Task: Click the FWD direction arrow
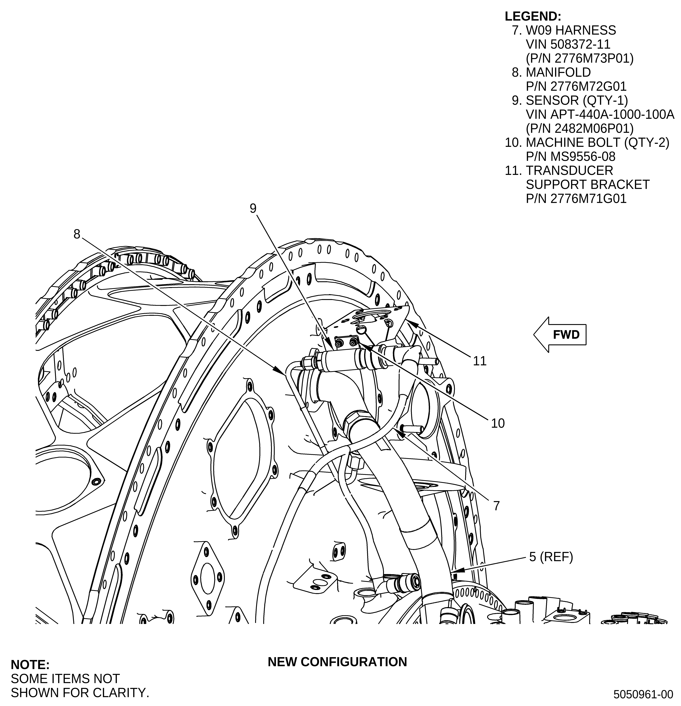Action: coord(560,335)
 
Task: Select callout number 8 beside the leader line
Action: coord(77,234)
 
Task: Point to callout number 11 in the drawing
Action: coord(480,361)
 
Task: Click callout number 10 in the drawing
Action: coord(498,423)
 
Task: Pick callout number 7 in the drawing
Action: coord(496,506)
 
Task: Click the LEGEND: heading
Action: coord(533,16)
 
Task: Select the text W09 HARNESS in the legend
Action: coord(571,30)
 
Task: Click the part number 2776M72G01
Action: coord(588,86)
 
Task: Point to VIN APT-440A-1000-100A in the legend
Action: coord(600,115)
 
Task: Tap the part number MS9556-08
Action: coord(583,157)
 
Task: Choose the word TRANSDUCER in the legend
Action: coord(569,170)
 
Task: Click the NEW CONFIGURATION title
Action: coord(337,662)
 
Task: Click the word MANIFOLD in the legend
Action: coord(558,72)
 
